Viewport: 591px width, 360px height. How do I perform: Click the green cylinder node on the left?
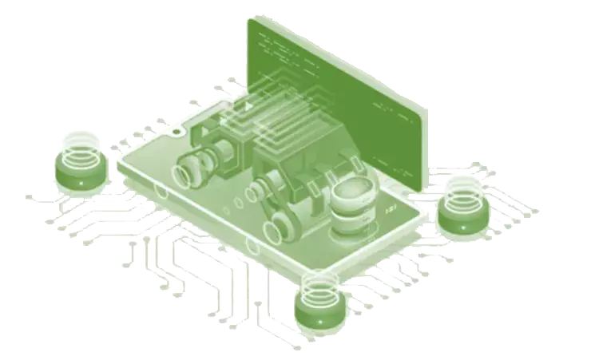(x=80, y=171)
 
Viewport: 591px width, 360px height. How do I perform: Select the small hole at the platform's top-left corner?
(x=177, y=131)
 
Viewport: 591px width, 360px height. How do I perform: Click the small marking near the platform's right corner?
(x=391, y=209)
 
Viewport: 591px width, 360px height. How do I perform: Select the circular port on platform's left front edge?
(x=162, y=192)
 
